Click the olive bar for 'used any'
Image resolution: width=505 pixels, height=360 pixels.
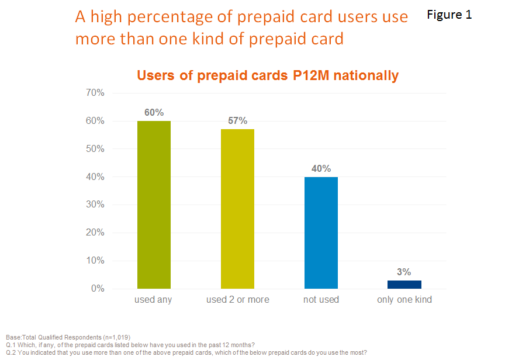tap(154, 205)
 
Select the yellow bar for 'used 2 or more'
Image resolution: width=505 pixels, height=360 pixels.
tap(237, 209)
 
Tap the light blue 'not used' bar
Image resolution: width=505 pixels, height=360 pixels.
tap(321, 233)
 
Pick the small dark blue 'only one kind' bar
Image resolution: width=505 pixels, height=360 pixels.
tap(404, 284)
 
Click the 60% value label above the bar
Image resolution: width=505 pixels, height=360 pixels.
tap(154, 112)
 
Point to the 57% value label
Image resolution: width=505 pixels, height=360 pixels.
tap(237, 121)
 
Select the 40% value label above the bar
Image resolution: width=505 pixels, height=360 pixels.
tap(321, 168)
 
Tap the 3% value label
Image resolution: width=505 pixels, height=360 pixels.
tap(404, 272)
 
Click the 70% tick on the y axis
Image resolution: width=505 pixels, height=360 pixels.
tap(95, 93)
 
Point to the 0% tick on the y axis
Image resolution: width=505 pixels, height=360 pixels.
tap(97, 289)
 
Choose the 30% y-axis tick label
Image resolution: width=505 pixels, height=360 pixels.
tap(95, 205)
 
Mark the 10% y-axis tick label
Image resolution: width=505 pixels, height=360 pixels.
tap(95, 261)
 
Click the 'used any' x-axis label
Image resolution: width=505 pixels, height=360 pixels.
tap(153, 300)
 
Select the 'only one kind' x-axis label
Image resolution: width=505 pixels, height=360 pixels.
tap(404, 300)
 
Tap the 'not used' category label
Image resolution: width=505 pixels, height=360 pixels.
tap(321, 300)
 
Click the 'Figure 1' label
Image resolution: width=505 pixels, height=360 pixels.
tap(449, 15)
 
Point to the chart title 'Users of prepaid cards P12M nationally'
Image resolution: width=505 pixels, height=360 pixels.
tap(268, 75)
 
